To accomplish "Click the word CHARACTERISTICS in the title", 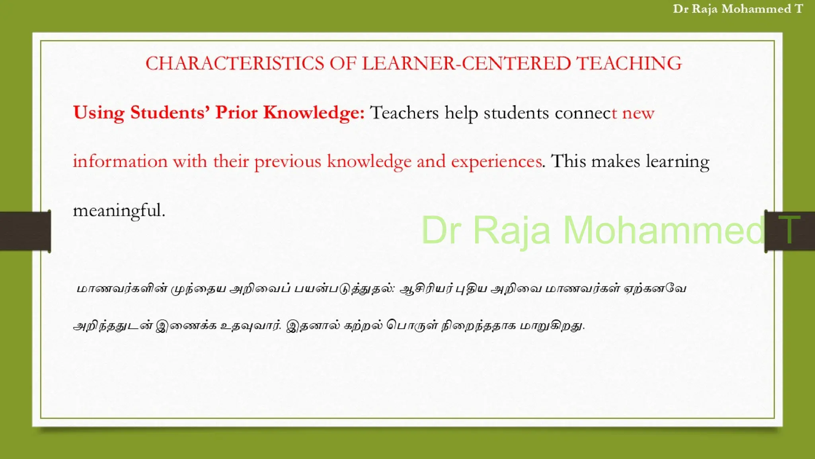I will pyautogui.click(x=235, y=63).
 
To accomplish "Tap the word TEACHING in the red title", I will pyautogui.click(x=629, y=63).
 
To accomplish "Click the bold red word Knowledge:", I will pyautogui.click(x=314, y=113).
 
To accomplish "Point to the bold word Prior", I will pyautogui.click(x=236, y=113).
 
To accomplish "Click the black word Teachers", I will pyautogui.click(x=404, y=113).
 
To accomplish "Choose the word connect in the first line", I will pyautogui.click(x=583, y=113).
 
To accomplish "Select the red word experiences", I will pyautogui.click(x=497, y=161).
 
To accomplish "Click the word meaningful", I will pyautogui.click(x=119, y=210).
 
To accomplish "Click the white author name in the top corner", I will pyautogui.click(x=738, y=9).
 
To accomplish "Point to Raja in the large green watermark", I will pyautogui.click(x=511, y=230).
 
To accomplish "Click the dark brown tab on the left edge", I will pyautogui.click(x=25, y=231).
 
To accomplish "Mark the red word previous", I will pyautogui.click(x=287, y=161).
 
